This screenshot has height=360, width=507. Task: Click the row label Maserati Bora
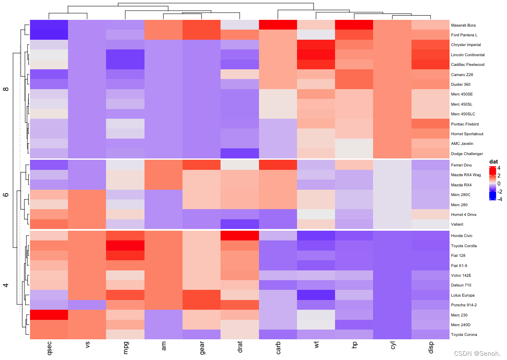click(463, 25)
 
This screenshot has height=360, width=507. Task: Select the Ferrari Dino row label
click(461, 165)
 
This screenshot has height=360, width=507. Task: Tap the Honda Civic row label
click(461, 236)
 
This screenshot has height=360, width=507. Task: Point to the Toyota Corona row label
click(464, 335)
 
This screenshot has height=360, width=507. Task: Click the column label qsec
click(49, 348)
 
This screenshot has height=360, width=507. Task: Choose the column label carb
click(278, 348)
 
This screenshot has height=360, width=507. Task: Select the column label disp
click(430, 348)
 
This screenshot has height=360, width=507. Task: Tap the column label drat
click(240, 348)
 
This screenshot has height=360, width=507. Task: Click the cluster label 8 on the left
click(6, 89)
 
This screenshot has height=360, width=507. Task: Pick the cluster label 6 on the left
click(6, 194)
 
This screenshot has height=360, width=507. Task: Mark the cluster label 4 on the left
click(6, 285)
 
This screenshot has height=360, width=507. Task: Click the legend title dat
click(493, 162)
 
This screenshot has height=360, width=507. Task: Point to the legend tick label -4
click(499, 199)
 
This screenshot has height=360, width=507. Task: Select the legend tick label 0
click(499, 183)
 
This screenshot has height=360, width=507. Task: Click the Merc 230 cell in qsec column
click(49, 315)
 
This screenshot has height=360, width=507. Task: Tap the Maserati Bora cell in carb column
click(278, 25)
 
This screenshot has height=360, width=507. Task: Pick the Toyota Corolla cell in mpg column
click(125, 245)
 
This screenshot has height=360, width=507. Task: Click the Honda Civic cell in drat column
click(240, 236)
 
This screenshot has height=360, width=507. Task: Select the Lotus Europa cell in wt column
click(316, 295)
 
